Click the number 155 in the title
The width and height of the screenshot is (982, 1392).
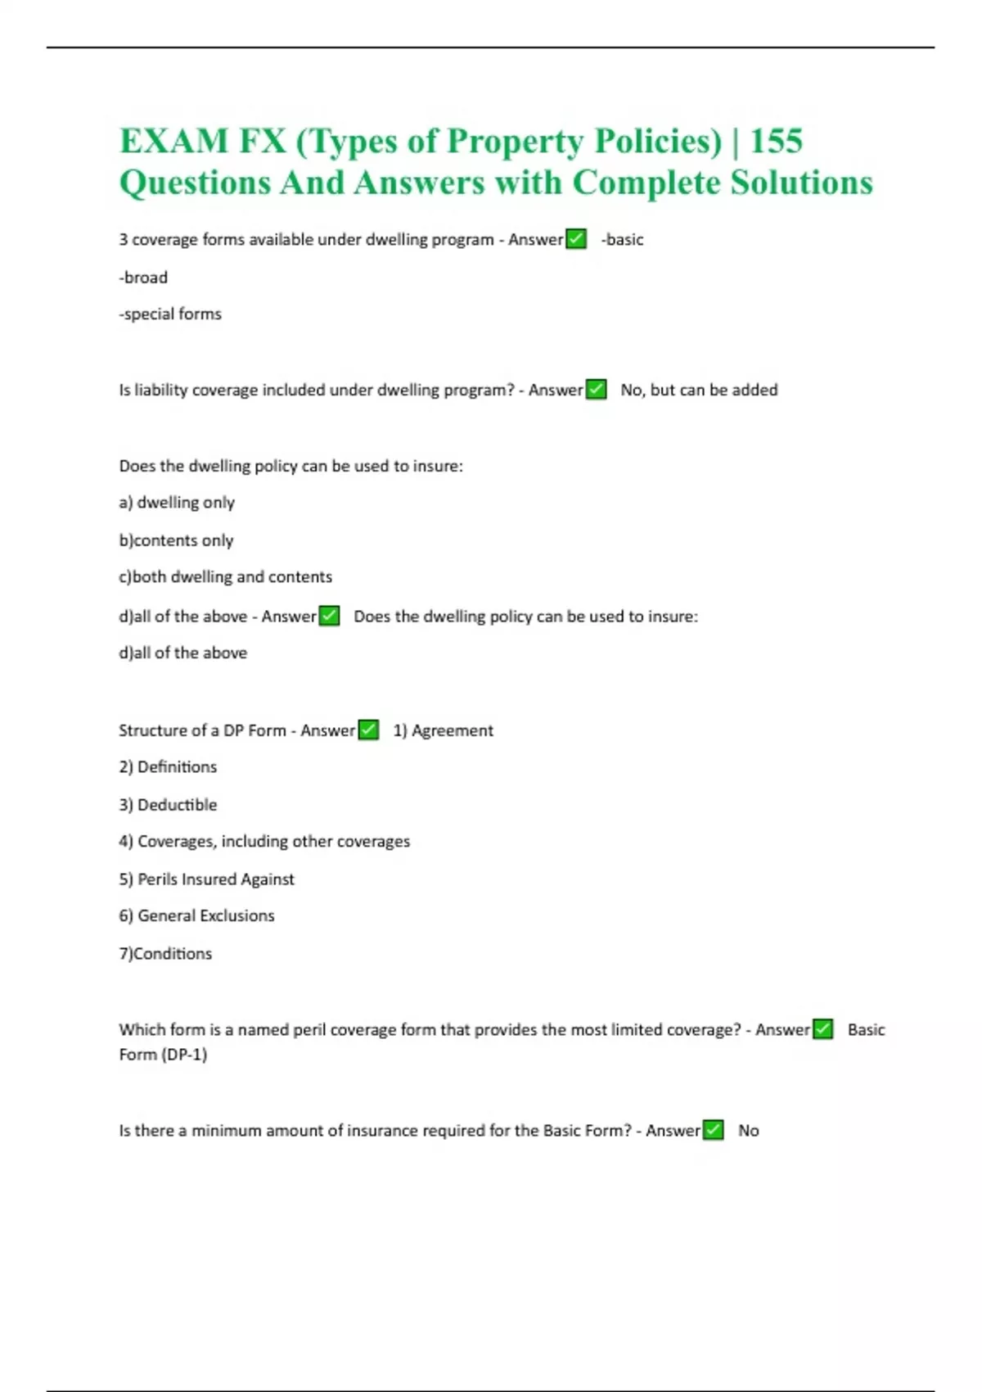point(776,141)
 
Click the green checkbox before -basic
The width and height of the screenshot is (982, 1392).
point(576,239)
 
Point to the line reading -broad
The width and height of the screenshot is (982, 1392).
point(143,278)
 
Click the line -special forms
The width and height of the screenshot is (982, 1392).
point(170,314)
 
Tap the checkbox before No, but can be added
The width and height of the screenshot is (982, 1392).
point(597,390)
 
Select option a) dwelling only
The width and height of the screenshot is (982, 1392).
point(177,503)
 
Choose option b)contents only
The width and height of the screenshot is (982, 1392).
point(176,540)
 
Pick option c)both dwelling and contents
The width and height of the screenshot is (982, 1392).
point(225,577)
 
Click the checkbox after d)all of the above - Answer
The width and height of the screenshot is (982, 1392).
point(329,616)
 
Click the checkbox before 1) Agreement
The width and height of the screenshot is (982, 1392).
point(368,730)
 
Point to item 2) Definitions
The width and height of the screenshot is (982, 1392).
point(168,767)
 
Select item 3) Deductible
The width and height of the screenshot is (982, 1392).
point(168,805)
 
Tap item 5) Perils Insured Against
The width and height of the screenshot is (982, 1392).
point(206,879)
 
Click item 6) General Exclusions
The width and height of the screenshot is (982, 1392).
point(196,916)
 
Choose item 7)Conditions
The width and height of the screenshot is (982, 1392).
point(165,954)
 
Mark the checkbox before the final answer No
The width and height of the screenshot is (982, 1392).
point(713,1130)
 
